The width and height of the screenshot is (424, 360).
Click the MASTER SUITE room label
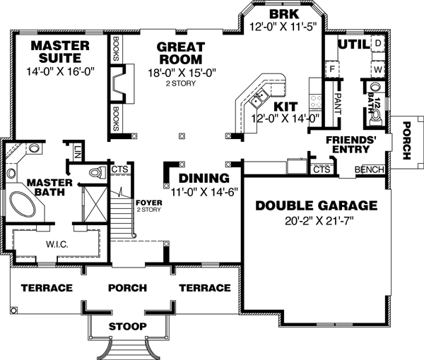[x=60, y=52]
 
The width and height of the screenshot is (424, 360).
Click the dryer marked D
[x=377, y=44]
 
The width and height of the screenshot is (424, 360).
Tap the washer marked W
[x=377, y=71]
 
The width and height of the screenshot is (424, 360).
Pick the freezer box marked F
[x=330, y=71]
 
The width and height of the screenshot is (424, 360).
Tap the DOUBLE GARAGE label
[x=316, y=205]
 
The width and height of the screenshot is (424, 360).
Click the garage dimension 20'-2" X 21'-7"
[x=316, y=221]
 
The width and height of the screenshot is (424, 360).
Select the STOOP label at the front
[x=128, y=326]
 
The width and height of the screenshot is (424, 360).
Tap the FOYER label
[x=148, y=201]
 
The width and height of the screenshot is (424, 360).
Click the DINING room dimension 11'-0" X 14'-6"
[x=204, y=192]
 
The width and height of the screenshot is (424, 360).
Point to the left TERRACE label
[x=47, y=288]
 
